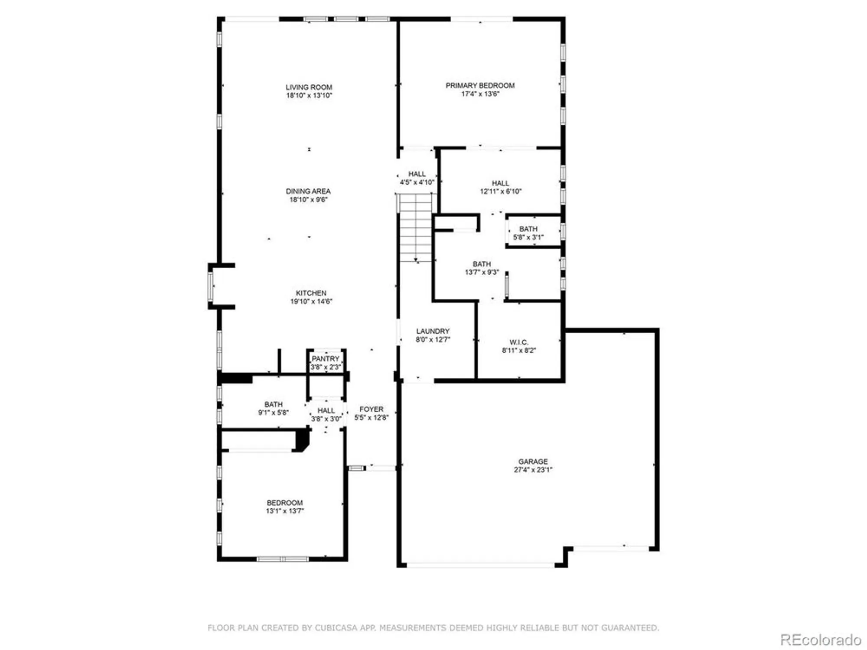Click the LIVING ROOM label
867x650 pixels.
(x=309, y=87)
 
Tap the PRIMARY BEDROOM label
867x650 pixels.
(x=480, y=85)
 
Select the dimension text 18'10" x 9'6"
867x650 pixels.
(x=308, y=200)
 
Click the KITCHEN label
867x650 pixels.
(x=311, y=293)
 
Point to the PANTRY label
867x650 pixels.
(x=326, y=359)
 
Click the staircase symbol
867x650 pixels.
(x=416, y=227)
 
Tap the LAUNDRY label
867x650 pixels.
(x=433, y=331)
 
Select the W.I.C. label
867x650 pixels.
(x=519, y=342)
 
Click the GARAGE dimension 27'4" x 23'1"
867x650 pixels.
(x=533, y=470)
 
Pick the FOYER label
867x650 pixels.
(x=372, y=409)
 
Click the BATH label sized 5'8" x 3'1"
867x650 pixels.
(x=528, y=229)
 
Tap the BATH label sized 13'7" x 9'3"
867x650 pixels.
(x=482, y=264)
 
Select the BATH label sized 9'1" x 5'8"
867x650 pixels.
(x=273, y=404)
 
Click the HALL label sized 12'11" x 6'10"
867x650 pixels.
(x=500, y=183)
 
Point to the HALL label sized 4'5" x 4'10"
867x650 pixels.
(x=417, y=174)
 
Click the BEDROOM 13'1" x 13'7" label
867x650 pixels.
(x=284, y=503)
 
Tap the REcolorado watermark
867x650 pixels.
(x=820, y=640)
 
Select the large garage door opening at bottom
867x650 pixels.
(x=480, y=565)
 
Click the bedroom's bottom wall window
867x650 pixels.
(x=283, y=559)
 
